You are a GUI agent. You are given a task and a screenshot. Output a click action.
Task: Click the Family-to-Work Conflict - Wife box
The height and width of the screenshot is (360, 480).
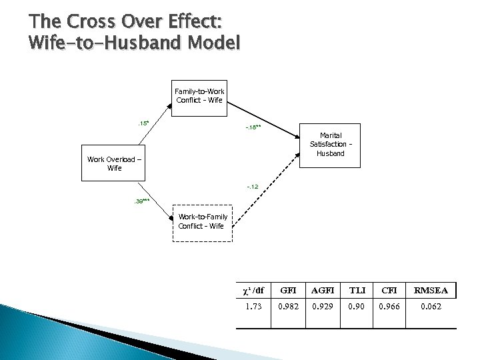tap(200, 95)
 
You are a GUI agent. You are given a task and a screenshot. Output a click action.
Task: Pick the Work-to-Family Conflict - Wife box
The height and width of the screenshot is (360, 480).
tap(203, 221)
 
